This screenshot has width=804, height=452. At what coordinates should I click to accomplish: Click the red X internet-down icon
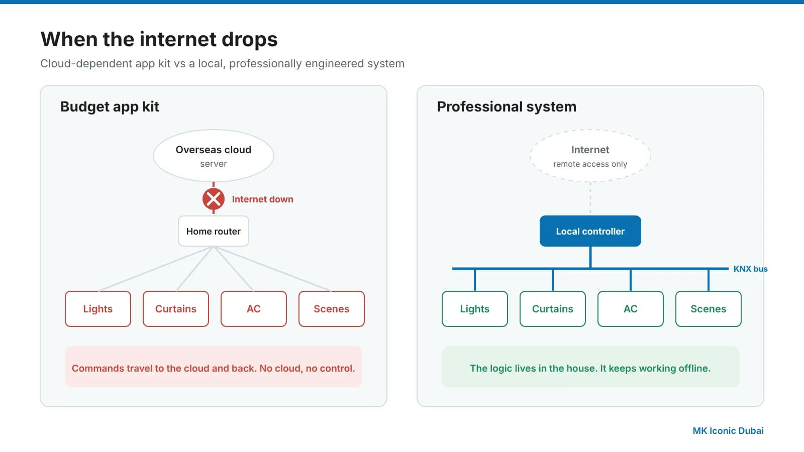click(x=214, y=199)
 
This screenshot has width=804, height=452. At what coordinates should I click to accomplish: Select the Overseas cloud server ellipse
click(x=214, y=156)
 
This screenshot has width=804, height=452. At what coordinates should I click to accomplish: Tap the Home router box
click(x=214, y=231)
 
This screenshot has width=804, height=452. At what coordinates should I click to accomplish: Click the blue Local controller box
click(x=590, y=231)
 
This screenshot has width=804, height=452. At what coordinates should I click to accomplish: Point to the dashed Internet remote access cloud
click(x=590, y=156)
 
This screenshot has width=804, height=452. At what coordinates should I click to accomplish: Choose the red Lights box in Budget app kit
click(x=98, y=309)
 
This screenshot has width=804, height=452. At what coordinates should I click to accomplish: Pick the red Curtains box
click(x=176, y=309)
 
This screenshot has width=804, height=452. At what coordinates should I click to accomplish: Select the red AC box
click(x=254, y=309)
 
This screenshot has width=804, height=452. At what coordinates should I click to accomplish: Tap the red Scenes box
click(x=332, y=309)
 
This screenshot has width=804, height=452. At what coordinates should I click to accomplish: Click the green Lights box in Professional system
click(x=475, y=309)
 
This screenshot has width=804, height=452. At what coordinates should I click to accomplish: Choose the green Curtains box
click(x=553, y=309)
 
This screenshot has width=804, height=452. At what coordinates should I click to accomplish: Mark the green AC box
click(x=631, y=309)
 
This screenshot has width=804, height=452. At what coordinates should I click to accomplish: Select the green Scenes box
click(x=709, y=309)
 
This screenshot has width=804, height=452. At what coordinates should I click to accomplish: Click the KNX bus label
click(x=751, y=269)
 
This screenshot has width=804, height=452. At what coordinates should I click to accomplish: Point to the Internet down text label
click(x=263, y=199)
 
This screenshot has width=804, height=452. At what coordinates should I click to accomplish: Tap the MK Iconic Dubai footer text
click(x=728, y=430)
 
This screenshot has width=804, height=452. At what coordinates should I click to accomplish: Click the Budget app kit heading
click(x=110, y=106)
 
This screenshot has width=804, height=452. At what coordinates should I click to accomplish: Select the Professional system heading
click(x=507, y=106)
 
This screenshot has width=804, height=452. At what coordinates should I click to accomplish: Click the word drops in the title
click(x=250, y=39)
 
